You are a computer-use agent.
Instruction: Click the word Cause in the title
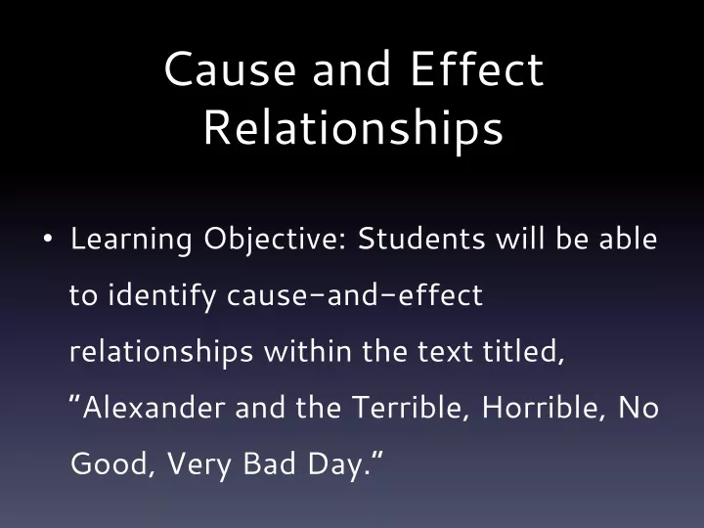(x=230, y=68)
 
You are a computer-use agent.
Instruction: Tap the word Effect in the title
(x=477, y=68)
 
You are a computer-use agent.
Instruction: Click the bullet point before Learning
(x=48, y=239)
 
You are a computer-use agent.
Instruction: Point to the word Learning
(x=131, y=240)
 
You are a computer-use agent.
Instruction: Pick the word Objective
(x=276, y=240)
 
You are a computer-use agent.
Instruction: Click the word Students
(x=421, y=238)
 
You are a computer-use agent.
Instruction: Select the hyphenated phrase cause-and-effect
(x=355, y=295)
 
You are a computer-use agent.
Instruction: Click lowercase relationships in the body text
(x=161, y=352)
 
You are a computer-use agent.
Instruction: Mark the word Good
(x=110, y=464)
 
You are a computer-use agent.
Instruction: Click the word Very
(x=198, y=465)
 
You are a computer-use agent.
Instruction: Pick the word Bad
(x=270, y=463)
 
